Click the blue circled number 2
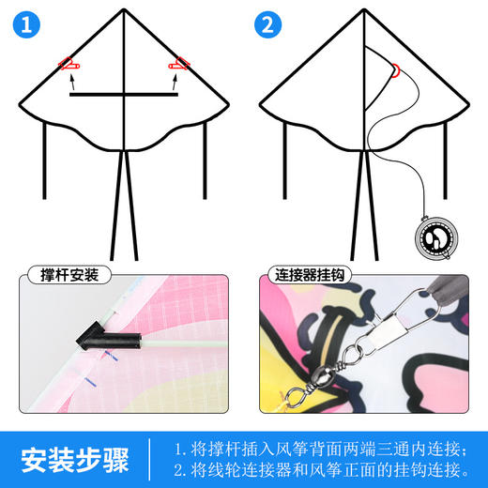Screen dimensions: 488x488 [269, 25]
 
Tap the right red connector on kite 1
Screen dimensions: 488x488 [178, 65]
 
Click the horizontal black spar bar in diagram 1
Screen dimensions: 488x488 [124, 95]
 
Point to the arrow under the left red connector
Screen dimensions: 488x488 [71, 82]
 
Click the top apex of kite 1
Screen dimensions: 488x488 [124, 10]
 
